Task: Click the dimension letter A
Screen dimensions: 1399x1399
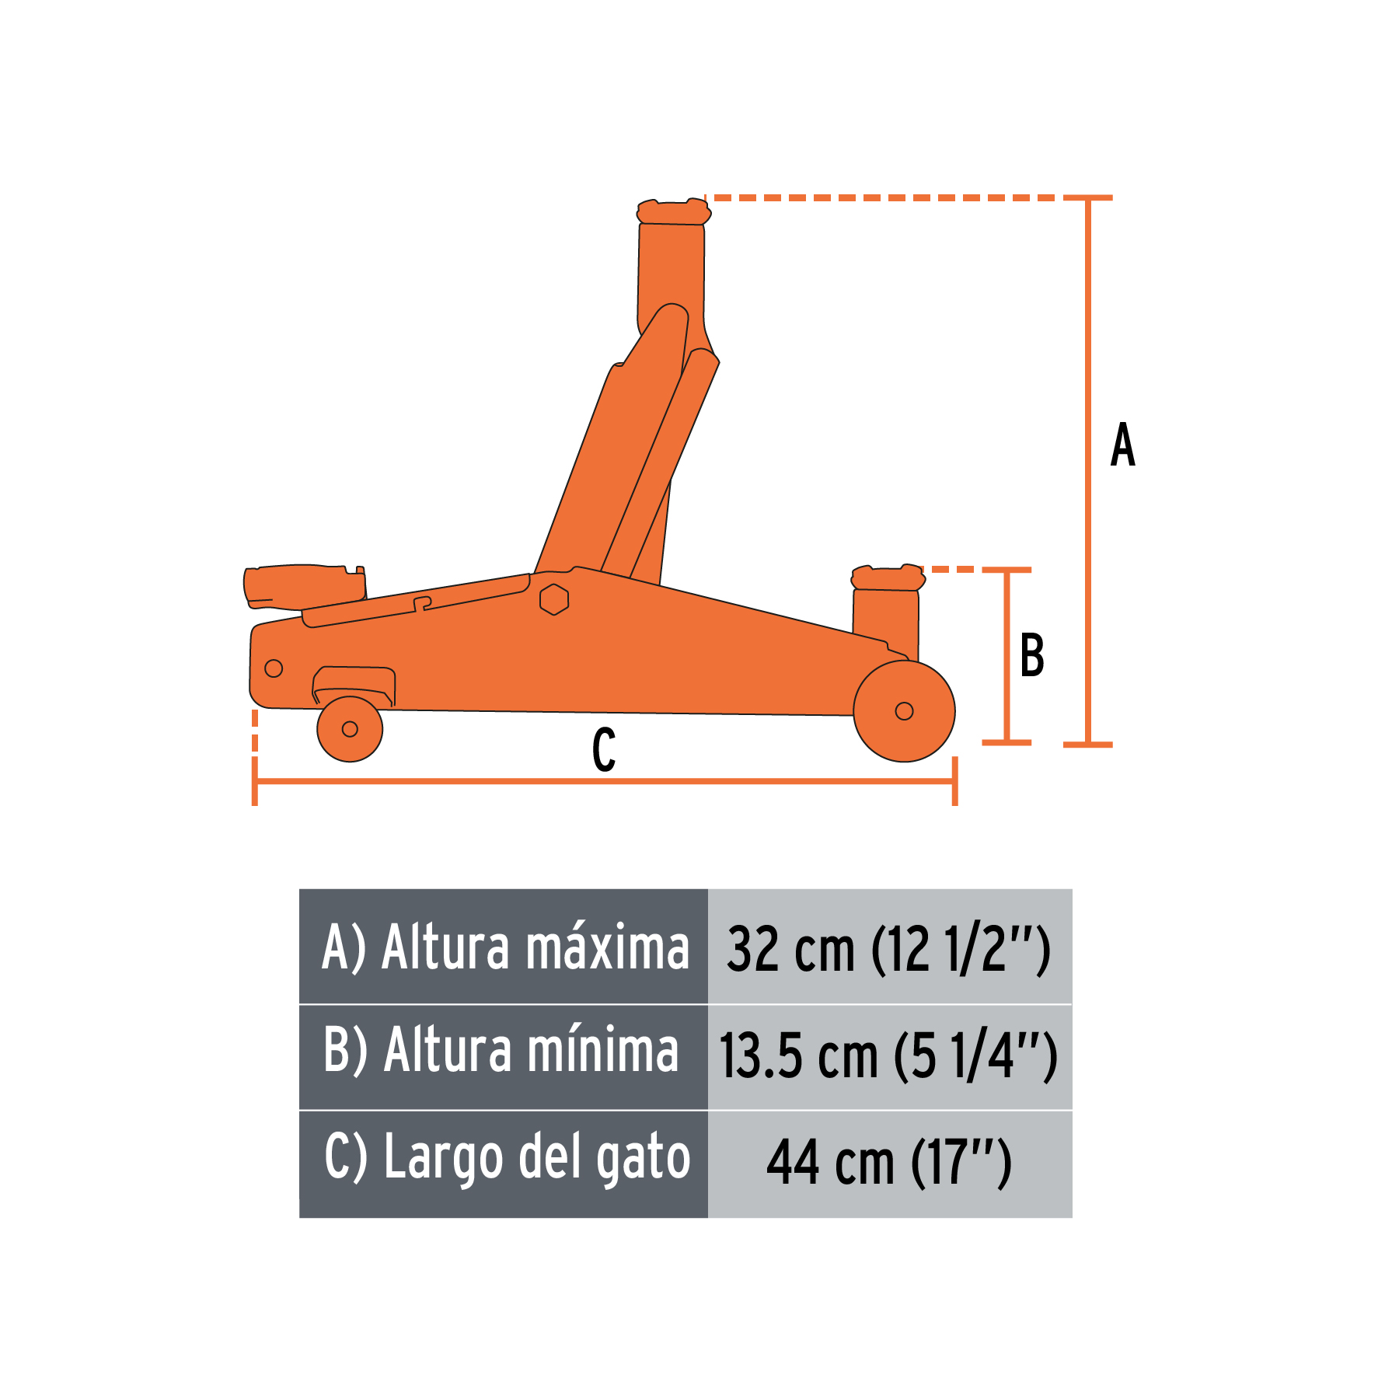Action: [x=1122, y=445]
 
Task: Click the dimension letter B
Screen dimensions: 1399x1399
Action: [x=1032, y=655]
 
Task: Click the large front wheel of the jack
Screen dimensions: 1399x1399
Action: [x=904, y=711]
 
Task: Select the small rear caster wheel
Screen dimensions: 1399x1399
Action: [x=350, y=729]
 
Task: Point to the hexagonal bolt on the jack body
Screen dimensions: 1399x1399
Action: [x=554, y=599]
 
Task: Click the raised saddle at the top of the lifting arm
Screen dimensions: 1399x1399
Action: [x=673, y=211]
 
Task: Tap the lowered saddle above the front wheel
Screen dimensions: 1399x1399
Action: [x=888, y=578]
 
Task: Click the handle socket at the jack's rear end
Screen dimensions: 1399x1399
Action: [x=303, y=586]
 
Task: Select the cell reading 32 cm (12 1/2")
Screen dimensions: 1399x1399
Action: [x=889, y=948]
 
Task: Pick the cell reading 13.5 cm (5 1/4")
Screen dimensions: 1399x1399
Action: [x=889, y=1055]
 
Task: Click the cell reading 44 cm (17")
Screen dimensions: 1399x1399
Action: [x=889, y=1163]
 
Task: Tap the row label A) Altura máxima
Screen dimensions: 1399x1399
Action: [x=505, y=948]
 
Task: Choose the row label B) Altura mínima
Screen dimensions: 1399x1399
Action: [x=502, y=1052]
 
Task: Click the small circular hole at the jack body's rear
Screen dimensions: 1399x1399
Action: [x=274, y=668]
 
